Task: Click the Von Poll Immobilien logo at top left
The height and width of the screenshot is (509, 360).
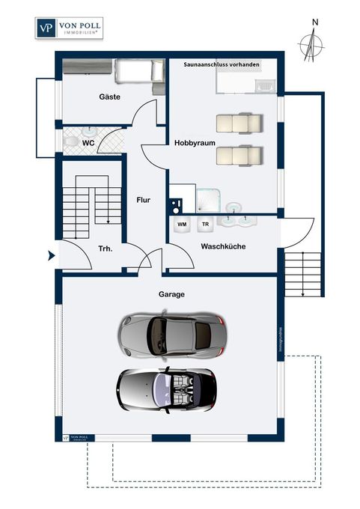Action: tap(70, 28)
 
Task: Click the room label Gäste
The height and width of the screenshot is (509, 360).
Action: tap(110, 97)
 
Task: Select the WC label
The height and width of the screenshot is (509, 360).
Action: tap(88, 141)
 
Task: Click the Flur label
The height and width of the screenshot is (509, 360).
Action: tap(144, 201)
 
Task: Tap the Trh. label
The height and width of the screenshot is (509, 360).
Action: tap(106, 249)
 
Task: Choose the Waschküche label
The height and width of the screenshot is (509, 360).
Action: tap(223, 246)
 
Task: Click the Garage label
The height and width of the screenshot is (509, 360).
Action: tap(171, 294)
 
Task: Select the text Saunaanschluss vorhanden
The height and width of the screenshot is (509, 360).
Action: tap(222, 65)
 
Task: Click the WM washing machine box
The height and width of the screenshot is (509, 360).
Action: tap(182, 224)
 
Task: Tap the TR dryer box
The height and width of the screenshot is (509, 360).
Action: tap(204, 224)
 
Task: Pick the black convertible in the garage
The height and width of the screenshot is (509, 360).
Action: tap(166, 388)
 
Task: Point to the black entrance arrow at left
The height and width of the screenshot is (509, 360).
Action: tap(52, 256)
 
